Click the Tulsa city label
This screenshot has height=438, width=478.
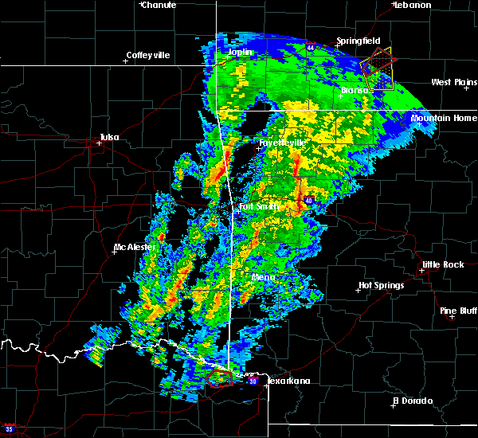109,137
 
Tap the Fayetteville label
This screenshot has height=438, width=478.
282,143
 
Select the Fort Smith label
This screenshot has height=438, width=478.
259,207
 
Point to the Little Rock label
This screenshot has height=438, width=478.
442,264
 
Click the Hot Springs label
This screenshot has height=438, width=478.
382,285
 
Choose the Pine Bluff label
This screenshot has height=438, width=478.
459,311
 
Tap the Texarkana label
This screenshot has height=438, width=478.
288,381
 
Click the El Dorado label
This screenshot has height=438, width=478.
413,401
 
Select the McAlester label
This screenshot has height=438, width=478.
135,247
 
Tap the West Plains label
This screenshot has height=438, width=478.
453,82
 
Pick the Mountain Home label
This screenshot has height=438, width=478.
444,118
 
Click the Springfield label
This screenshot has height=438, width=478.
358,41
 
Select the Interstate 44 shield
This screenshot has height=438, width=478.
310,48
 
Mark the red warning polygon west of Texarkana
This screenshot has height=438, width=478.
221,378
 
